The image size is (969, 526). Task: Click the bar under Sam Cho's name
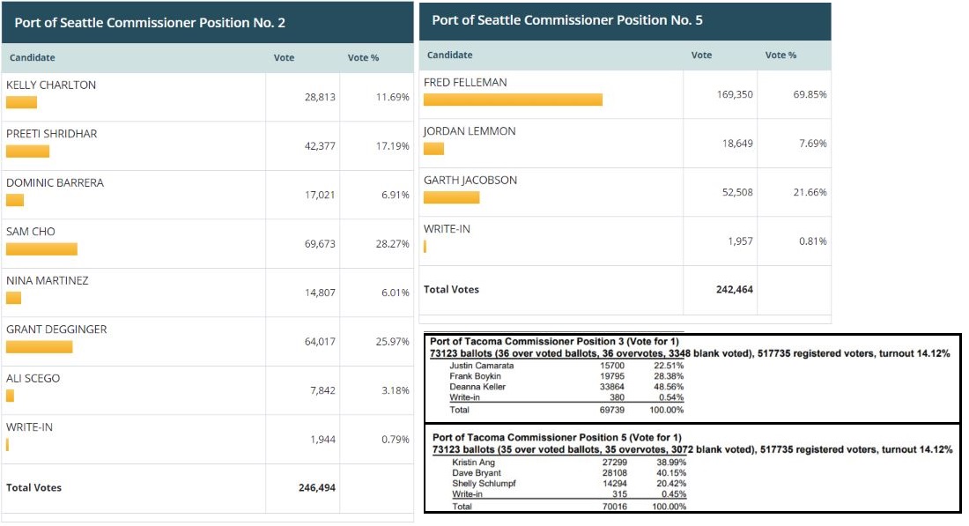point(41,249)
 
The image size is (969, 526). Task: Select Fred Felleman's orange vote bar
point(513,100)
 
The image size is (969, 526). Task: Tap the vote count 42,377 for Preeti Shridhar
point(320,146)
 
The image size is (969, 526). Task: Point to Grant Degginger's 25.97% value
point(392,342)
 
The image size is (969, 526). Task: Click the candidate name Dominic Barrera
point(55,183)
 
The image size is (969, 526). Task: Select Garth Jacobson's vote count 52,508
point(737,192)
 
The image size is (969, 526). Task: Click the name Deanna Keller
point(477,387)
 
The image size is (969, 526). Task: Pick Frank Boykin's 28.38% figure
point(668,376)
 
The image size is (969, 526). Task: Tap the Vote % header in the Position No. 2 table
point(363,58)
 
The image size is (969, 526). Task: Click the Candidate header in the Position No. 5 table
point(449,56)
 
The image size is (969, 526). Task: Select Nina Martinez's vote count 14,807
point(320,293)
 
